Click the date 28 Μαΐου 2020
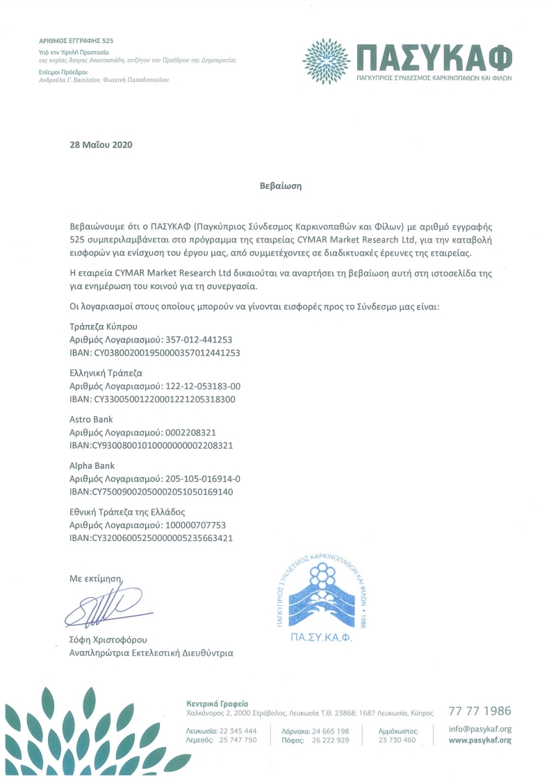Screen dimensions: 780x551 [x=101, y=145]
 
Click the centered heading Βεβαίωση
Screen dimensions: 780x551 [x=277, y=186]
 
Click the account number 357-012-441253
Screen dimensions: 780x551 [x=199, y=340]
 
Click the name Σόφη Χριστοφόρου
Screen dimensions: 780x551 [x=108, y=639]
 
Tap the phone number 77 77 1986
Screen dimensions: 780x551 [x=479, y=711]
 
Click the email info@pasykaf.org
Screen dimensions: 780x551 [x=479, y=729]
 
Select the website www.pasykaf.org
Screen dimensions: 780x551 [x=479, y=740]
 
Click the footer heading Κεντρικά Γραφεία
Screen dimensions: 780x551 [x=217, y=703]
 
